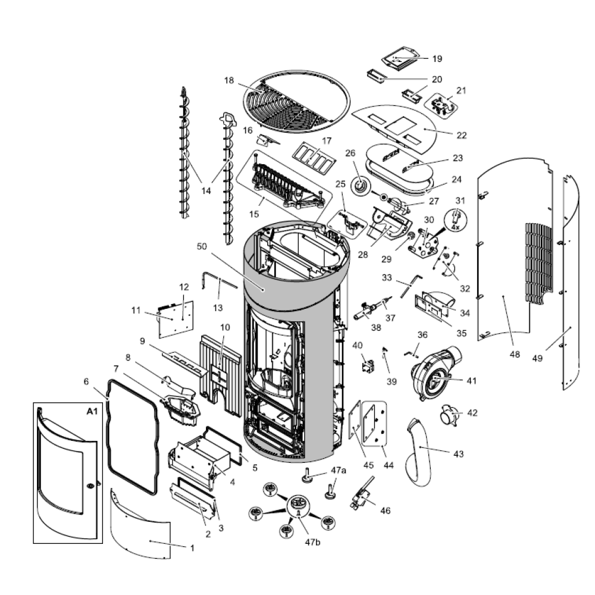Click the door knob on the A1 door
pyautogui.click(x=90, y=486)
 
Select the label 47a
pyautogui.click(x=339, y=470)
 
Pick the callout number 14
pyautogui.click(x=206, y=191)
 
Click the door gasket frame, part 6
pyautogui.click(x=132, y=437)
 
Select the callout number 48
pyautogui.click(x=515, y=355)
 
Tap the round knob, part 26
pyautogui.click(x=360, y=187)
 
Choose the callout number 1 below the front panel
pyautogui.click(x=192, y=548)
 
